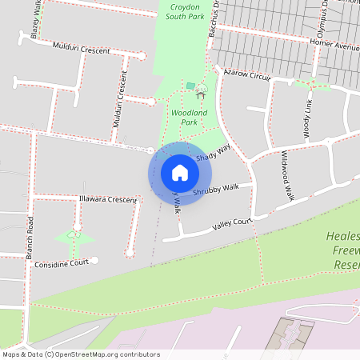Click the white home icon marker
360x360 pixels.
tap(180, 173)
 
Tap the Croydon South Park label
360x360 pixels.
tap(185, 11)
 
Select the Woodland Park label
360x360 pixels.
tap(189, 118)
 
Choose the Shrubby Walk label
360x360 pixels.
tap(216, 190)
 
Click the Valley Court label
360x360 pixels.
tap(233, 225)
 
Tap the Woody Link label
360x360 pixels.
tap(308, 118)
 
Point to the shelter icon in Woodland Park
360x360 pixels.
tap(200, 94)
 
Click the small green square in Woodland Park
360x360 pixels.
tap(190, 85)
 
